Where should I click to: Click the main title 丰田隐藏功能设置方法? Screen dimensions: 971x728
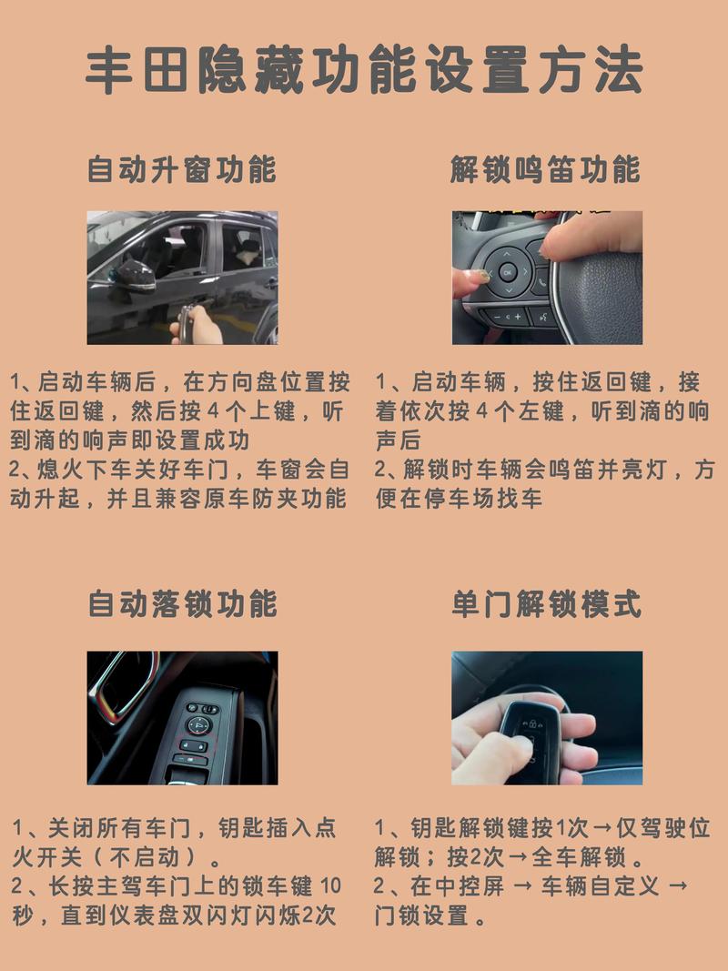(x=364, y=71)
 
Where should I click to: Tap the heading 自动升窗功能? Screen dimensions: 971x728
(x=182, y=169)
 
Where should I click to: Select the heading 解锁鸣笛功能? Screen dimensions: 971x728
(x=545, y=169)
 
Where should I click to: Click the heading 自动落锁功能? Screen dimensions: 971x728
(x=182, y=603)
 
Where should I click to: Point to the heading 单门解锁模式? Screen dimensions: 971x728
(x=546, y=603)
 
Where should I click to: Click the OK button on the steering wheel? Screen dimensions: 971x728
(x=507, y=271)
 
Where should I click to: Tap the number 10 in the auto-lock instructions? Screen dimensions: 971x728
(x=331, y=885)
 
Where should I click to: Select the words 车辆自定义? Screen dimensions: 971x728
(x=601, y=885)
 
